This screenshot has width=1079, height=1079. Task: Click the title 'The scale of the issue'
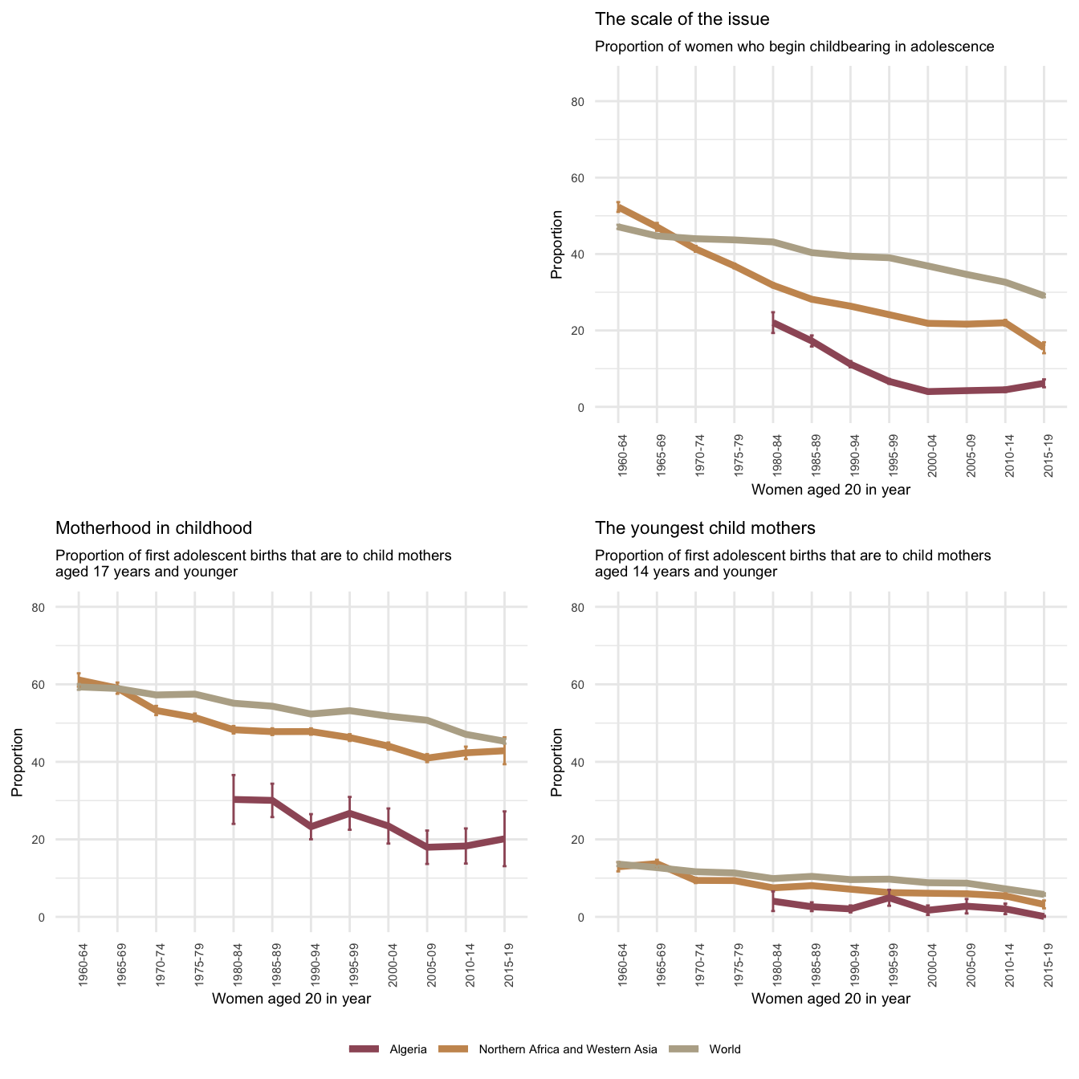[x=682, y=18]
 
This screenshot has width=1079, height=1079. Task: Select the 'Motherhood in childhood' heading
[x=153, y=527]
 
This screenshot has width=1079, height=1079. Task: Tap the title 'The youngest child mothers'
[x=705, y=527]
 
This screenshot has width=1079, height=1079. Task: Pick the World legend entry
[x=725, y=1049]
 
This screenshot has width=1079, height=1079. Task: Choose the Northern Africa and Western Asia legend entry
[x=568, y=1049]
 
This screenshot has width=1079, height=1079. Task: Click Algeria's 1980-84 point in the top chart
[x=773, y=322]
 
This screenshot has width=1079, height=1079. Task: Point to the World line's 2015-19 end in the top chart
[x=1044, y=295]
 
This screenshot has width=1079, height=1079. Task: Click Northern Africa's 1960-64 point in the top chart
[x=618, y=207]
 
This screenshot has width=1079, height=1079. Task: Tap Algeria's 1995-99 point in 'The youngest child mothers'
[x=889, y=898]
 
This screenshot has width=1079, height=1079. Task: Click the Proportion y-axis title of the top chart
[x=556, y=244]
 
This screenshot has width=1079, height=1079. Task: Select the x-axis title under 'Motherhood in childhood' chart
[x=291, y=999]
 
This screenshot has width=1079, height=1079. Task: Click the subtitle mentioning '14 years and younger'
[x=792, y=564]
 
